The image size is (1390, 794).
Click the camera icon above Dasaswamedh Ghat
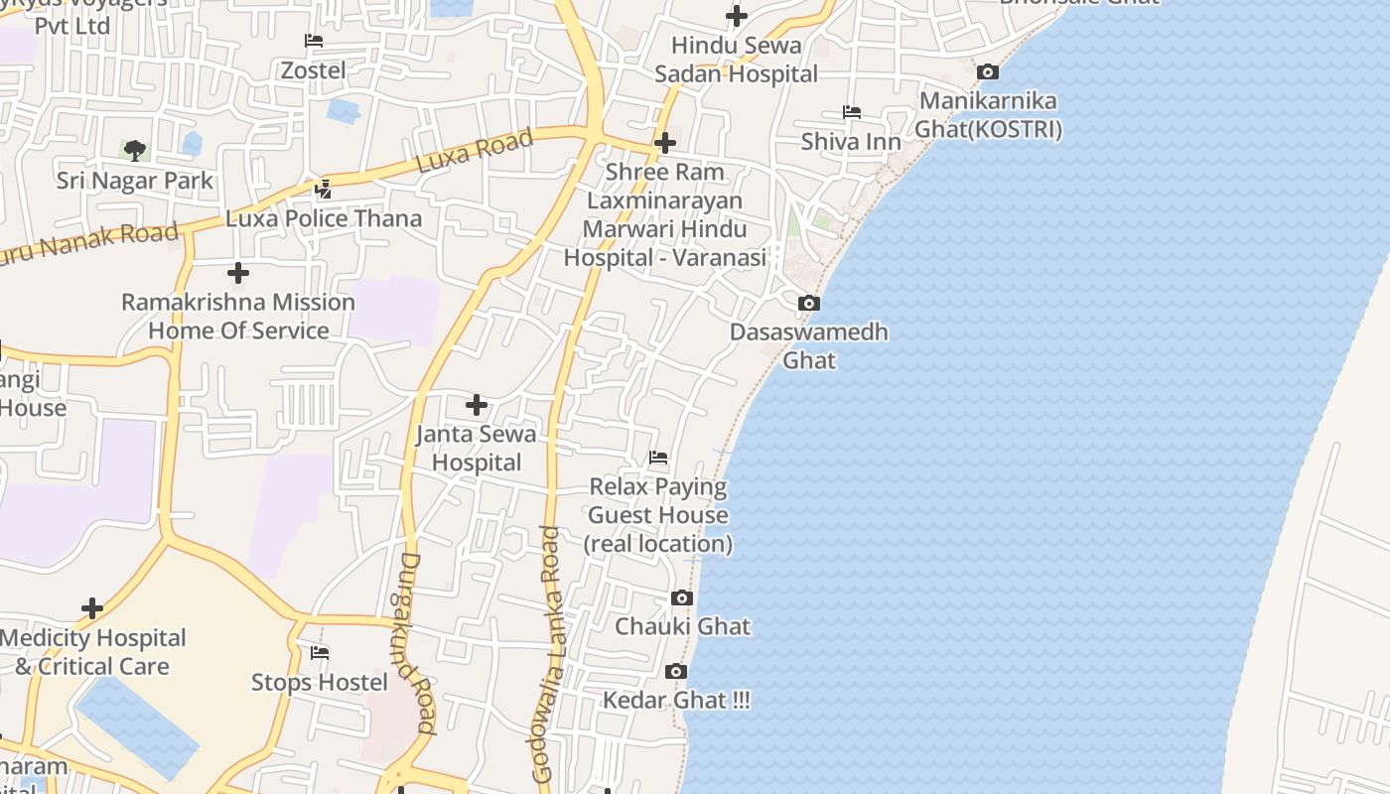point(809,303)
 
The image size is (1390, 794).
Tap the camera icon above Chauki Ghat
point(682,597)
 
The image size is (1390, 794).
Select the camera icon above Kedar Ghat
point(676,672)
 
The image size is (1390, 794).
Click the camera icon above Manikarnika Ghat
point(987,71)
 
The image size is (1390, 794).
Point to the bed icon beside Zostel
point(314,41)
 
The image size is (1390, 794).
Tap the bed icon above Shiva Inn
point(851,112)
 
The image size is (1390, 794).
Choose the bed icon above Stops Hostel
point(320,653)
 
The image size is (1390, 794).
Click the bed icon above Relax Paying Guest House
point(658,458)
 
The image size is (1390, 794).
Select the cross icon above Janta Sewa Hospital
point(477,405)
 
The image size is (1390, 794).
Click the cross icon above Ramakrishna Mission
point(238,272)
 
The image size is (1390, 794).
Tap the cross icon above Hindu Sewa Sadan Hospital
point(737,16)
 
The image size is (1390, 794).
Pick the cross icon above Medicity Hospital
point(92,608)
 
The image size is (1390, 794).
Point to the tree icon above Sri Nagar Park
point(135,151)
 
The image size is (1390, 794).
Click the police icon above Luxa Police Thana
point(323,189)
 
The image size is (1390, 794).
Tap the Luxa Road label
point(475,151)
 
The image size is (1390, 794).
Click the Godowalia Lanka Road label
point(547,655)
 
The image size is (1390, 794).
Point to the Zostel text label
point(314,70)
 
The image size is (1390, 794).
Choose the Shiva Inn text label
point(851,141)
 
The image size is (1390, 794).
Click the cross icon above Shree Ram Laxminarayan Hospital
point(665,143)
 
